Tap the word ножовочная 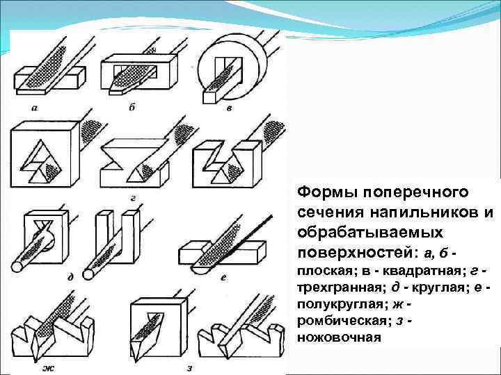(x=339, y=338)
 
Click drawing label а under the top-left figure (x=34, y=107)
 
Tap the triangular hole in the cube (x=42, y=162)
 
